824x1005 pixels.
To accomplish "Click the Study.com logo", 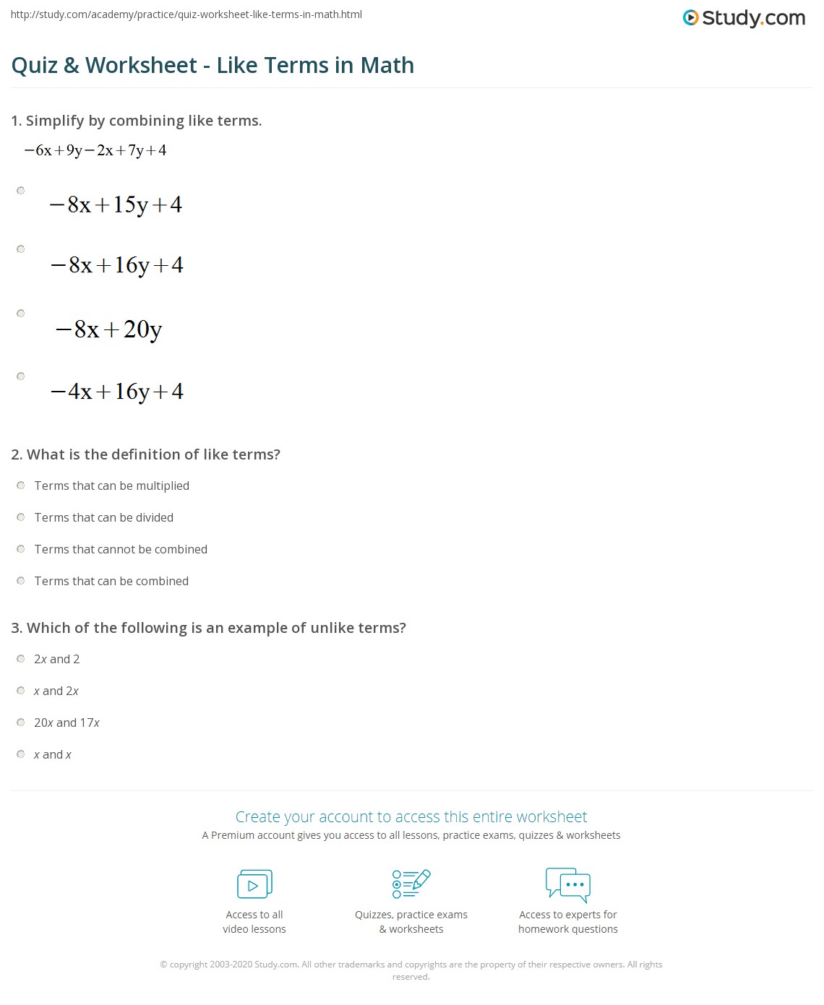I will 744,18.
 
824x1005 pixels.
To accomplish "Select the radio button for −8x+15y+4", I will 21,191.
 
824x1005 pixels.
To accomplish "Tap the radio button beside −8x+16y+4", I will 21,249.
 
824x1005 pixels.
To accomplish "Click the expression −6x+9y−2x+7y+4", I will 95,150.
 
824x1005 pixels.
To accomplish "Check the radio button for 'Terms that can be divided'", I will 21,517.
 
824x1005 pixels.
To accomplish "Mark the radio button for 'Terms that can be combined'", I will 21,581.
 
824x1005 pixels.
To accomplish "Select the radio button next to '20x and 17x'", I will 21,723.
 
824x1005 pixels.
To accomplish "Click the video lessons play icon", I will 254,884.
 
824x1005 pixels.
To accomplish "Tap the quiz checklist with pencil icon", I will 411,884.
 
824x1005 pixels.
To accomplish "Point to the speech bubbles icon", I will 568,884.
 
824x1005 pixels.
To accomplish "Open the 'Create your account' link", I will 411,816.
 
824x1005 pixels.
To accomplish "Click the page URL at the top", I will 186,14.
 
